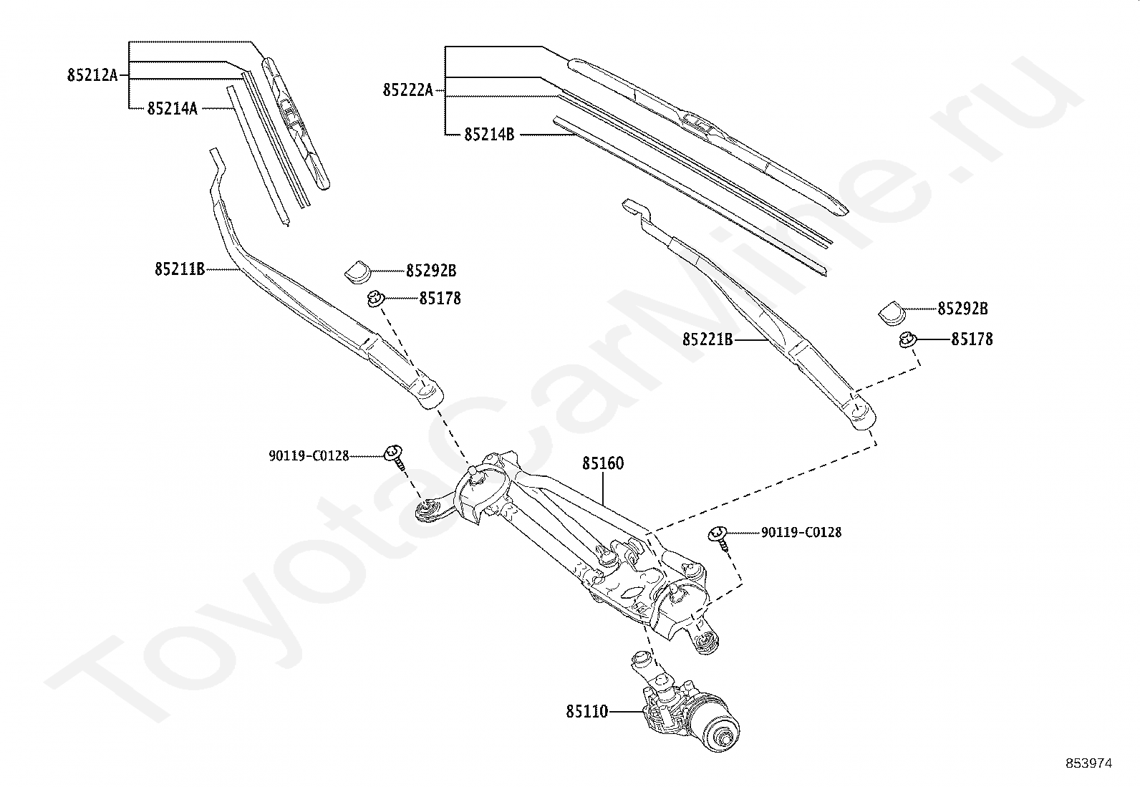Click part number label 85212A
(92, 74)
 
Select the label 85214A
(173, 109)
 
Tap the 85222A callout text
(408, 90)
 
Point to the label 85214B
(489, 134)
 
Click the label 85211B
(180, 269)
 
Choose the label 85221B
(707, 339)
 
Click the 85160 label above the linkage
(602, 463)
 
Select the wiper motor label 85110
(586, 712)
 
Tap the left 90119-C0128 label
(309, 455)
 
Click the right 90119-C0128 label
(801, 532)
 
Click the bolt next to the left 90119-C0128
(395, 456)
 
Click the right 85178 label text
(972, 339)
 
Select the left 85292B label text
(431, 271)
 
